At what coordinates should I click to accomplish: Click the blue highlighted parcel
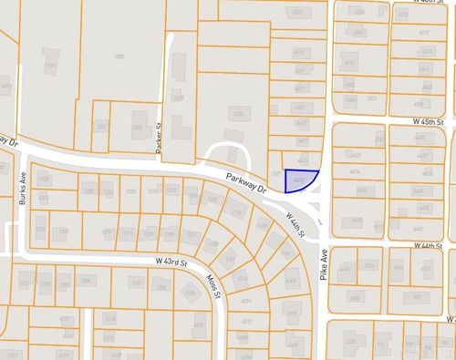(300, 181)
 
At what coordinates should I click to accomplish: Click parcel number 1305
(119, 57)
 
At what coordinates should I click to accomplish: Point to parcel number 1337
(239, 114)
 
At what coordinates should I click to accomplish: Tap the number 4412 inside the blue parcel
(299, 181)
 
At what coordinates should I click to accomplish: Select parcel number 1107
(276, 173)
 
